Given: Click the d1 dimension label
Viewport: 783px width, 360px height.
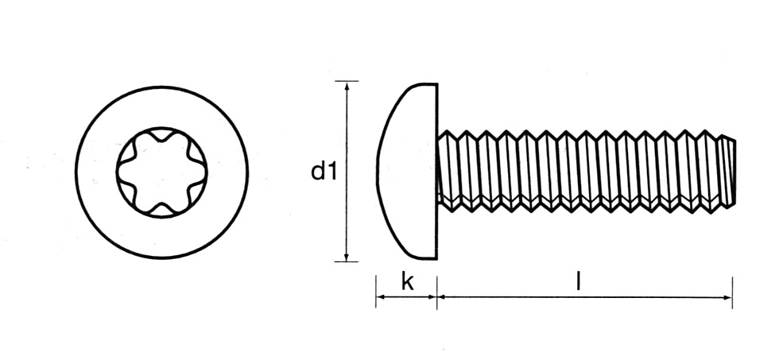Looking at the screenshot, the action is [x=324, y=172].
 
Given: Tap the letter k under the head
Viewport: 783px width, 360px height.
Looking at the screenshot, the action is [x=408, y=281].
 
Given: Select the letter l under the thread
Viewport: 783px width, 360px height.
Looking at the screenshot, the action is [x=578, y=281].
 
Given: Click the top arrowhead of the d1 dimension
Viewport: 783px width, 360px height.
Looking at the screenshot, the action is [x=347, y=87].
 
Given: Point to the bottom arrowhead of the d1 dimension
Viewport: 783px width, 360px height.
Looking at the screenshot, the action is [x=347, y=255].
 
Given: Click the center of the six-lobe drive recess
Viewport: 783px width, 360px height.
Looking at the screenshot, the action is [x=161, y=172].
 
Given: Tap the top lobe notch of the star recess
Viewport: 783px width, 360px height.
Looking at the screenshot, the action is [x=161, y=134].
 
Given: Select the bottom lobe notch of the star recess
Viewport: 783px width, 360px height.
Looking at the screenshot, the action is [x=161, y=211].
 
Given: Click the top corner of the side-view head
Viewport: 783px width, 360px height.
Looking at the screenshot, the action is [x=437, y=84].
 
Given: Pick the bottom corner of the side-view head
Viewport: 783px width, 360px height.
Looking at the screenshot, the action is [x=437, y=258].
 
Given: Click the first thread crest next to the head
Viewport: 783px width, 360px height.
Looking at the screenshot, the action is [x=447, y=133].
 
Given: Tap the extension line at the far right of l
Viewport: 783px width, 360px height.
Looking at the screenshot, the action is [x=732, y=292].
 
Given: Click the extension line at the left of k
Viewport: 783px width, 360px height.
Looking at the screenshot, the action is [x=376, y=291].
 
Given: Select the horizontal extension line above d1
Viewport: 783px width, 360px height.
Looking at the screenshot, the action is [x=347, y=81].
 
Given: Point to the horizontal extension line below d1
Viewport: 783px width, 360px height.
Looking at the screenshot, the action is [x=347, y=261].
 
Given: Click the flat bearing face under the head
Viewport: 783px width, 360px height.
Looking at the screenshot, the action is [x=437, y=172].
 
